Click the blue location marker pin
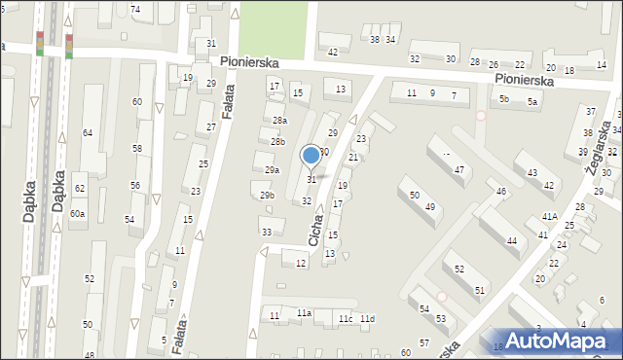pyautogui.click(x=311, y=155)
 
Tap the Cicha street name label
pyautogui.click(x=315, y=230)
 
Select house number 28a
pyautogui.click(x=279, y=121)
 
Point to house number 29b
pyautogui.click(x=267, y=196)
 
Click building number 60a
pyautogui.click(x=77, y=213)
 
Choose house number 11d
pyautogui.click(x=367, y=319)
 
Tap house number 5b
pyautogui.click(x=504, y=99)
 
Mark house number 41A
pyautogui.click(x=550, y=216)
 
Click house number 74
pyautogui.click(x=135, y=10)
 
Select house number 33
pyautogui.click(x=267, y=232)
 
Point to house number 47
pyautogui.click(x=459, y=170)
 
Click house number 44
pyautogui.click(x=511, y=240)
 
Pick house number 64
pyautogui.click(x=88, y=132)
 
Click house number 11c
pyautogui.click(x=346, y=319)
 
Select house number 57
pyautogui.click(x=424, y=343)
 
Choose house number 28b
pyautogui.click(x=278, y=142)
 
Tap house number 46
pyautogui.click(x=501, y=192)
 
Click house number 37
pyautogui.click(x=590, y=112)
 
